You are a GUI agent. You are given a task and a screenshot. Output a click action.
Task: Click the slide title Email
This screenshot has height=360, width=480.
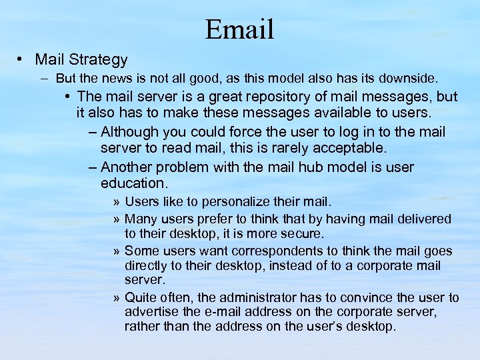point(240,29)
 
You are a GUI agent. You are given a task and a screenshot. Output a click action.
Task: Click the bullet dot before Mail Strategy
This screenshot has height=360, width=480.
point(23,59)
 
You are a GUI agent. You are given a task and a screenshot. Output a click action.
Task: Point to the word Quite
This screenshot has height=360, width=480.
point(141,297)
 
